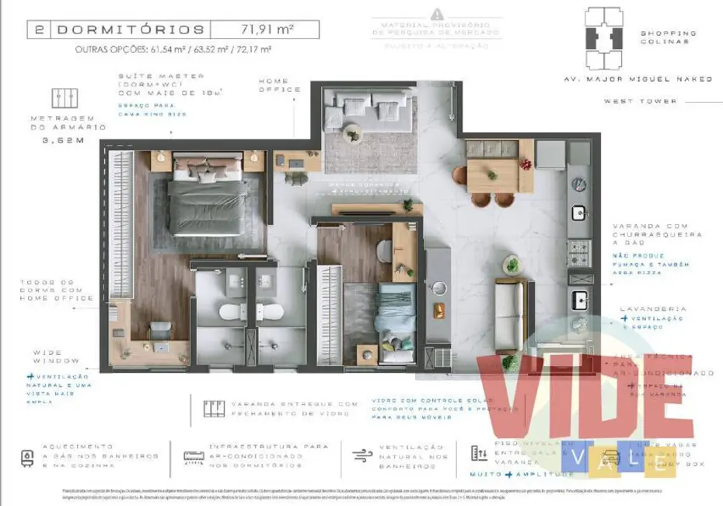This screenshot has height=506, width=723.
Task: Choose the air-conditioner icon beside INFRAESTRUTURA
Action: point(193,457)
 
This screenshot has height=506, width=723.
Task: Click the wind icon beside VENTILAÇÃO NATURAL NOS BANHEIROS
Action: point(359,456)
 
